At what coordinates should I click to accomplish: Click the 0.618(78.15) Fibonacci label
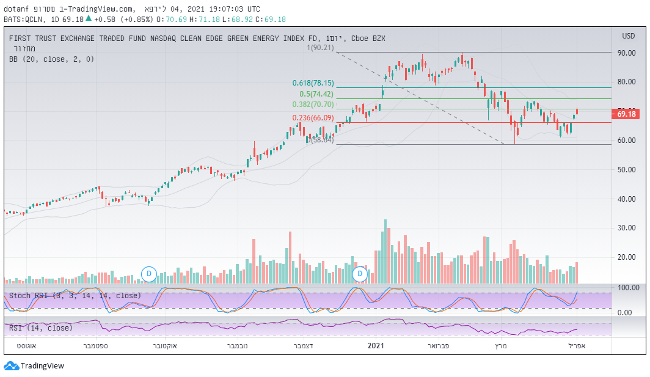coord(313,83)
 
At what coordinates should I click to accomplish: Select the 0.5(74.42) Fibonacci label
coord(316,94)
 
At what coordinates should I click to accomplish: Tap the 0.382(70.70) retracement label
coord(313,105)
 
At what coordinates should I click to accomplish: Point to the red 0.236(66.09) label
coord(313,118)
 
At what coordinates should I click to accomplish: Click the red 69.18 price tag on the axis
coord(627,114)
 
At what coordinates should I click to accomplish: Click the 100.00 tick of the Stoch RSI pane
coord(628,287)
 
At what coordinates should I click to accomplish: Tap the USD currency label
coord(628,35)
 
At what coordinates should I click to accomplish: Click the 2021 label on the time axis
coord(375,346)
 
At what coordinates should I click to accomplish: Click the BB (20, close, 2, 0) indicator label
coord(51,59)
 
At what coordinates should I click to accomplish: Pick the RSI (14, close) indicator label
coord(40,328)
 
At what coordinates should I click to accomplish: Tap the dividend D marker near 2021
coord(360,274)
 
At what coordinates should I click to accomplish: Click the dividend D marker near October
coord(149,274)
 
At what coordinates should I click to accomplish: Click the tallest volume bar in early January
coord(385,251)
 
